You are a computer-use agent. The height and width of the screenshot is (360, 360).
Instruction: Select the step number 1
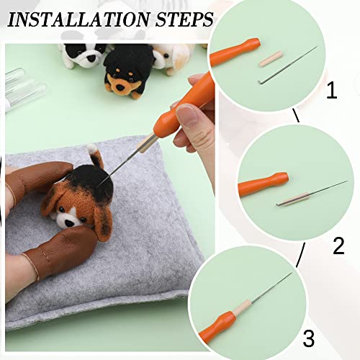[x=332, y=91]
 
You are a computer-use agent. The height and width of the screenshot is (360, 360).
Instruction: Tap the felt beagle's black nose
[x=68, y=222]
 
